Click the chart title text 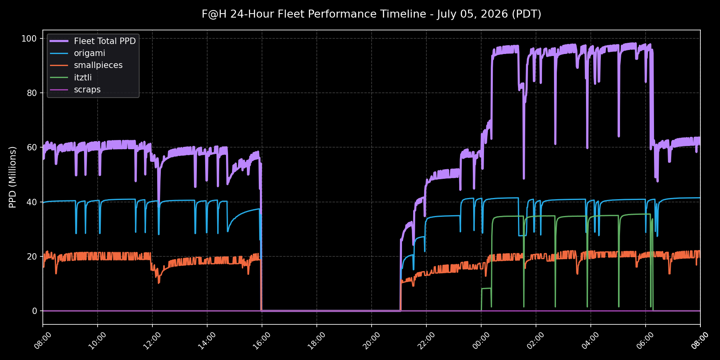click(371, 14)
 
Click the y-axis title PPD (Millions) click(12, 177)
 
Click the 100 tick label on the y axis click(29, 39)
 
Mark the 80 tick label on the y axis click(32, 93)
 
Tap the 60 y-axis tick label click(32, 147)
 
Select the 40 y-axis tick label click(32, 202)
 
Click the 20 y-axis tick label click(32, 256)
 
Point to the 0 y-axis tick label click(34, 311)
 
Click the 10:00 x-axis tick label click(96, 341)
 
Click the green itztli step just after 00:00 click(486, 288)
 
